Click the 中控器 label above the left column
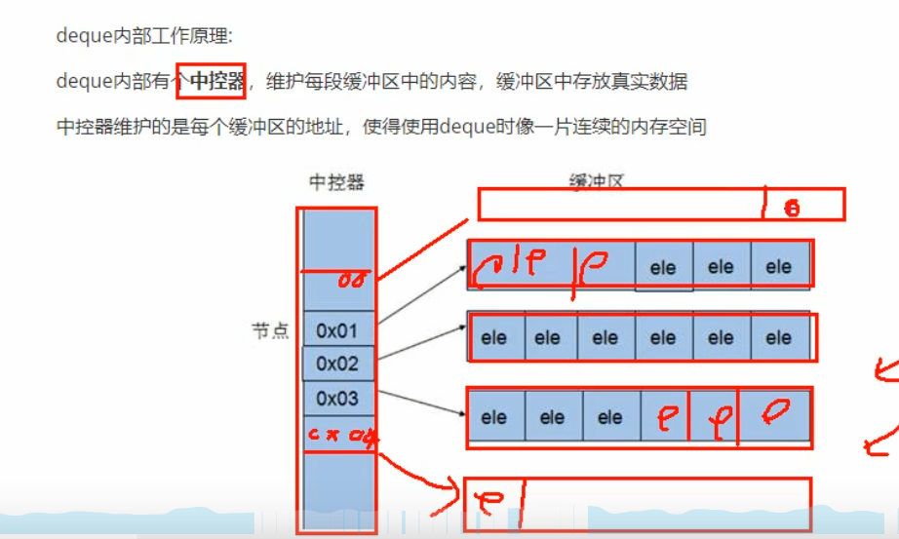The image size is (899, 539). [336, 183]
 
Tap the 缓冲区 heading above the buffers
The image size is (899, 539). [596, 181]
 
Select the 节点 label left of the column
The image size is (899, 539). [271, 331]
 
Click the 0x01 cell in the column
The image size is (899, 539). [337, 330]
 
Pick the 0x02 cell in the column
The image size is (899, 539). [337, 365]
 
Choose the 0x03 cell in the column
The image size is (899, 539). [337, 399]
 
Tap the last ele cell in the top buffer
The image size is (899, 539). [778, 267]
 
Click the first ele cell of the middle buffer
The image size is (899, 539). [494, 338]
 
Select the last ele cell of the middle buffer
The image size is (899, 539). [778, 338]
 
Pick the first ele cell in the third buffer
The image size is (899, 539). [494, 417]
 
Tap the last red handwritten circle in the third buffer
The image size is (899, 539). [775, 412]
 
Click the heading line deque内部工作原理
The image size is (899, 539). [145, 37]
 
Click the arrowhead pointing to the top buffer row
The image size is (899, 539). [461, 266]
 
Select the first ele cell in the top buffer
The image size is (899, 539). [663, 268]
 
